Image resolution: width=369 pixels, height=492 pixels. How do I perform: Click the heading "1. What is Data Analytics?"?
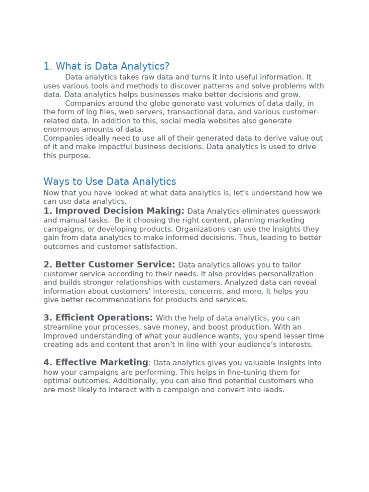(x=106, y=66)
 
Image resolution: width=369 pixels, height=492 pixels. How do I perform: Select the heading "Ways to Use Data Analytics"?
(x=110, y=182)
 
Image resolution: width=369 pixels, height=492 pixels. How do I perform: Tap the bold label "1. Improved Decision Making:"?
(x=114, y=211)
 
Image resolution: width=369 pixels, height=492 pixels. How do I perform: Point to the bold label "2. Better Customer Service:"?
(x=109, y=264)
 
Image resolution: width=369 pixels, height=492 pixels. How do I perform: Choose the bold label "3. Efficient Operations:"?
(x=98, y=318)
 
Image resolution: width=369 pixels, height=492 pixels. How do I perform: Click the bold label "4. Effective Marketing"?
(x=96, y=362)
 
